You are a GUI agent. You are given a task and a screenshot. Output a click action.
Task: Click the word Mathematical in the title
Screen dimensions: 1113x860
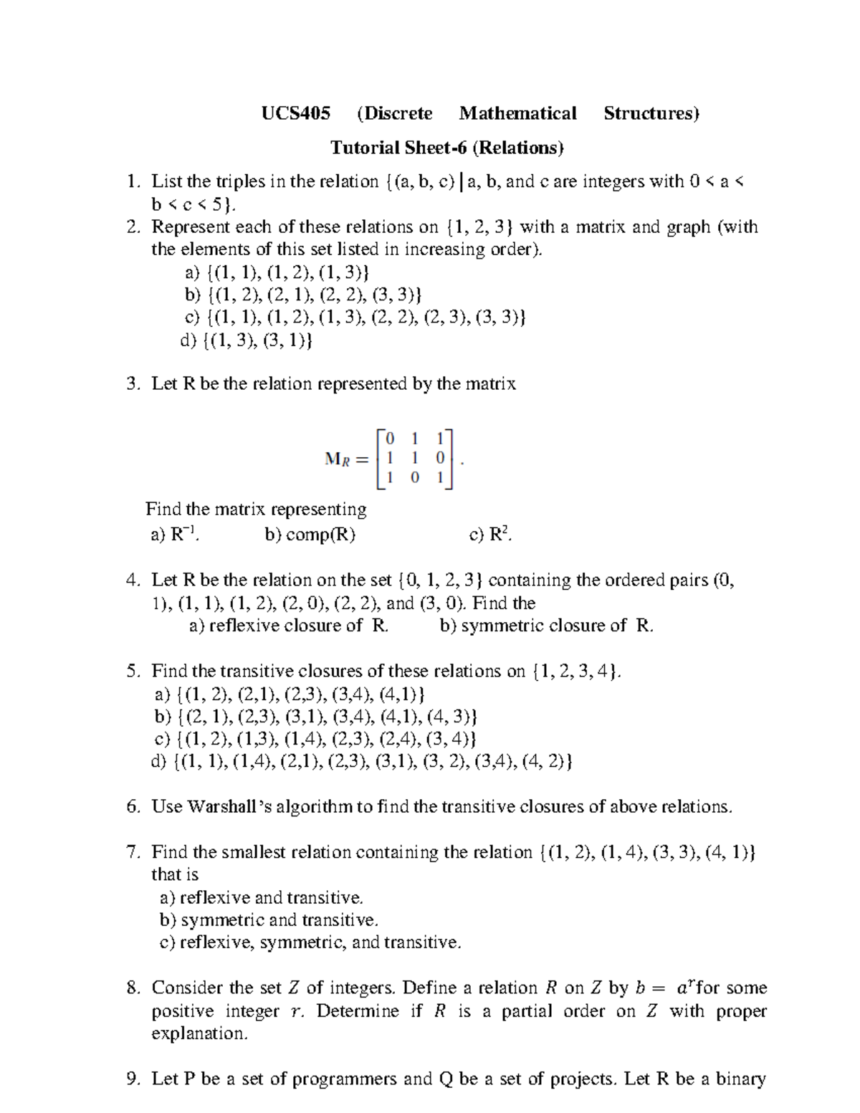pyautogui.click(x=517, y=113)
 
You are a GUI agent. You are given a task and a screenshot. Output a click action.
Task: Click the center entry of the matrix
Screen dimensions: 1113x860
pyautogui.click(x=415, y=457)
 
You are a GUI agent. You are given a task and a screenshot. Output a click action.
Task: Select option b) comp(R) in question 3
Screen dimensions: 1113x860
pyautogui.click(x=310, y=534)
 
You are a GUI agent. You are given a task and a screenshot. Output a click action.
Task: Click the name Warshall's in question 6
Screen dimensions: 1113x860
pyautogui.click(x=229, y=806)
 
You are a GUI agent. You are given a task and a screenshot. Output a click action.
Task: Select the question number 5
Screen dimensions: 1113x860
pyautogui.click(x=133, y=671)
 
